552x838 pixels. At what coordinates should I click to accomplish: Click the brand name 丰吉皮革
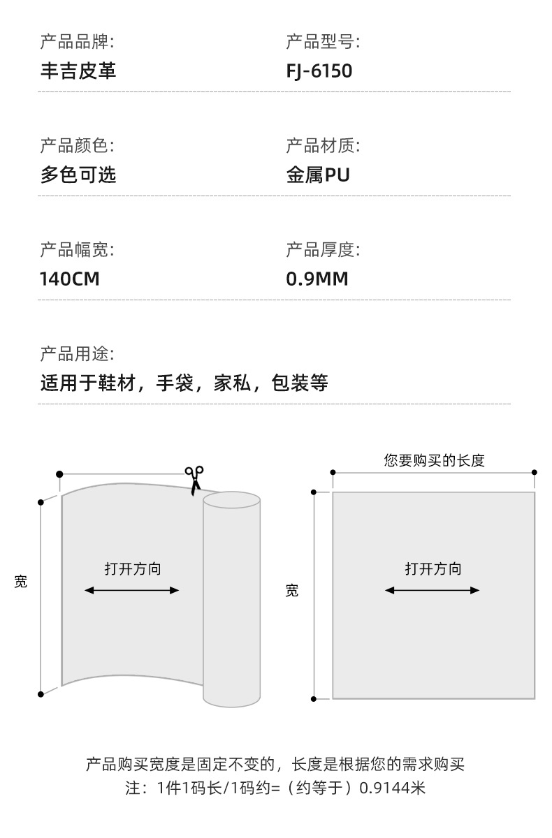pyautogui.click(x=78, y=71)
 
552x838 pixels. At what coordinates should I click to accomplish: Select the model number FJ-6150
pyautogui.click(x=319, y=71)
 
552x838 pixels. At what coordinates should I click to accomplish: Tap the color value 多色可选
pyautogui.click(x=78, y=174)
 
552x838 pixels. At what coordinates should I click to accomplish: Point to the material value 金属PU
pyautogui.click(x=318, y=174)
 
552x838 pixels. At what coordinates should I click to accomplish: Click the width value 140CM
pyautogui.click(x=70, y=279)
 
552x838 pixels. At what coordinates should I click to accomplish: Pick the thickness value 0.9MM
pyautogui.click(x=317, y=279)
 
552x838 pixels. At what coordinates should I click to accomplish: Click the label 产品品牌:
pyautogui.click(x=77, y=42)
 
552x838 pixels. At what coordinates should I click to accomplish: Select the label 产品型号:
pyautogui.click(x=323, y=42)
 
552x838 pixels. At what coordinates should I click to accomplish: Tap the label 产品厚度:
pyautogui.click(x=323, y=249)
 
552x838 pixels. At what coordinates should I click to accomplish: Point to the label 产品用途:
pyautogui.click(x=77, y=353)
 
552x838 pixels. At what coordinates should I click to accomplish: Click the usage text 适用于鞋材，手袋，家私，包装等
pyautogui.click(x=184, y=383)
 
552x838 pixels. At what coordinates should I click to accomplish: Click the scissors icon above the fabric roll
pyautogui.click(x=194, y=480)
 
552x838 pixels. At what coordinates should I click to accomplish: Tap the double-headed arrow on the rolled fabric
pyautogui.click(x=132, y=590)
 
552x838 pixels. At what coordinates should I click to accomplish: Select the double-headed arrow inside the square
pyautogui.click(x=433, y=590)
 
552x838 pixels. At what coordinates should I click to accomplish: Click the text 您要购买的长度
pyautogui.click(x=434, y=461)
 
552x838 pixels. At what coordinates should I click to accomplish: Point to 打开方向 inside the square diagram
pyautogui.click(x=433, y=568)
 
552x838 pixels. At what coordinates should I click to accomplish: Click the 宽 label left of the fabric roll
pyautogui.click(x=21, y=582)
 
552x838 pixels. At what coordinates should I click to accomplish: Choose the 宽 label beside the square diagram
pyautogui.click(x=292, y=591)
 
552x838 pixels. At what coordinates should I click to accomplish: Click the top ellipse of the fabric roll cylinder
pyautogui.click(x=231, y=500)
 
